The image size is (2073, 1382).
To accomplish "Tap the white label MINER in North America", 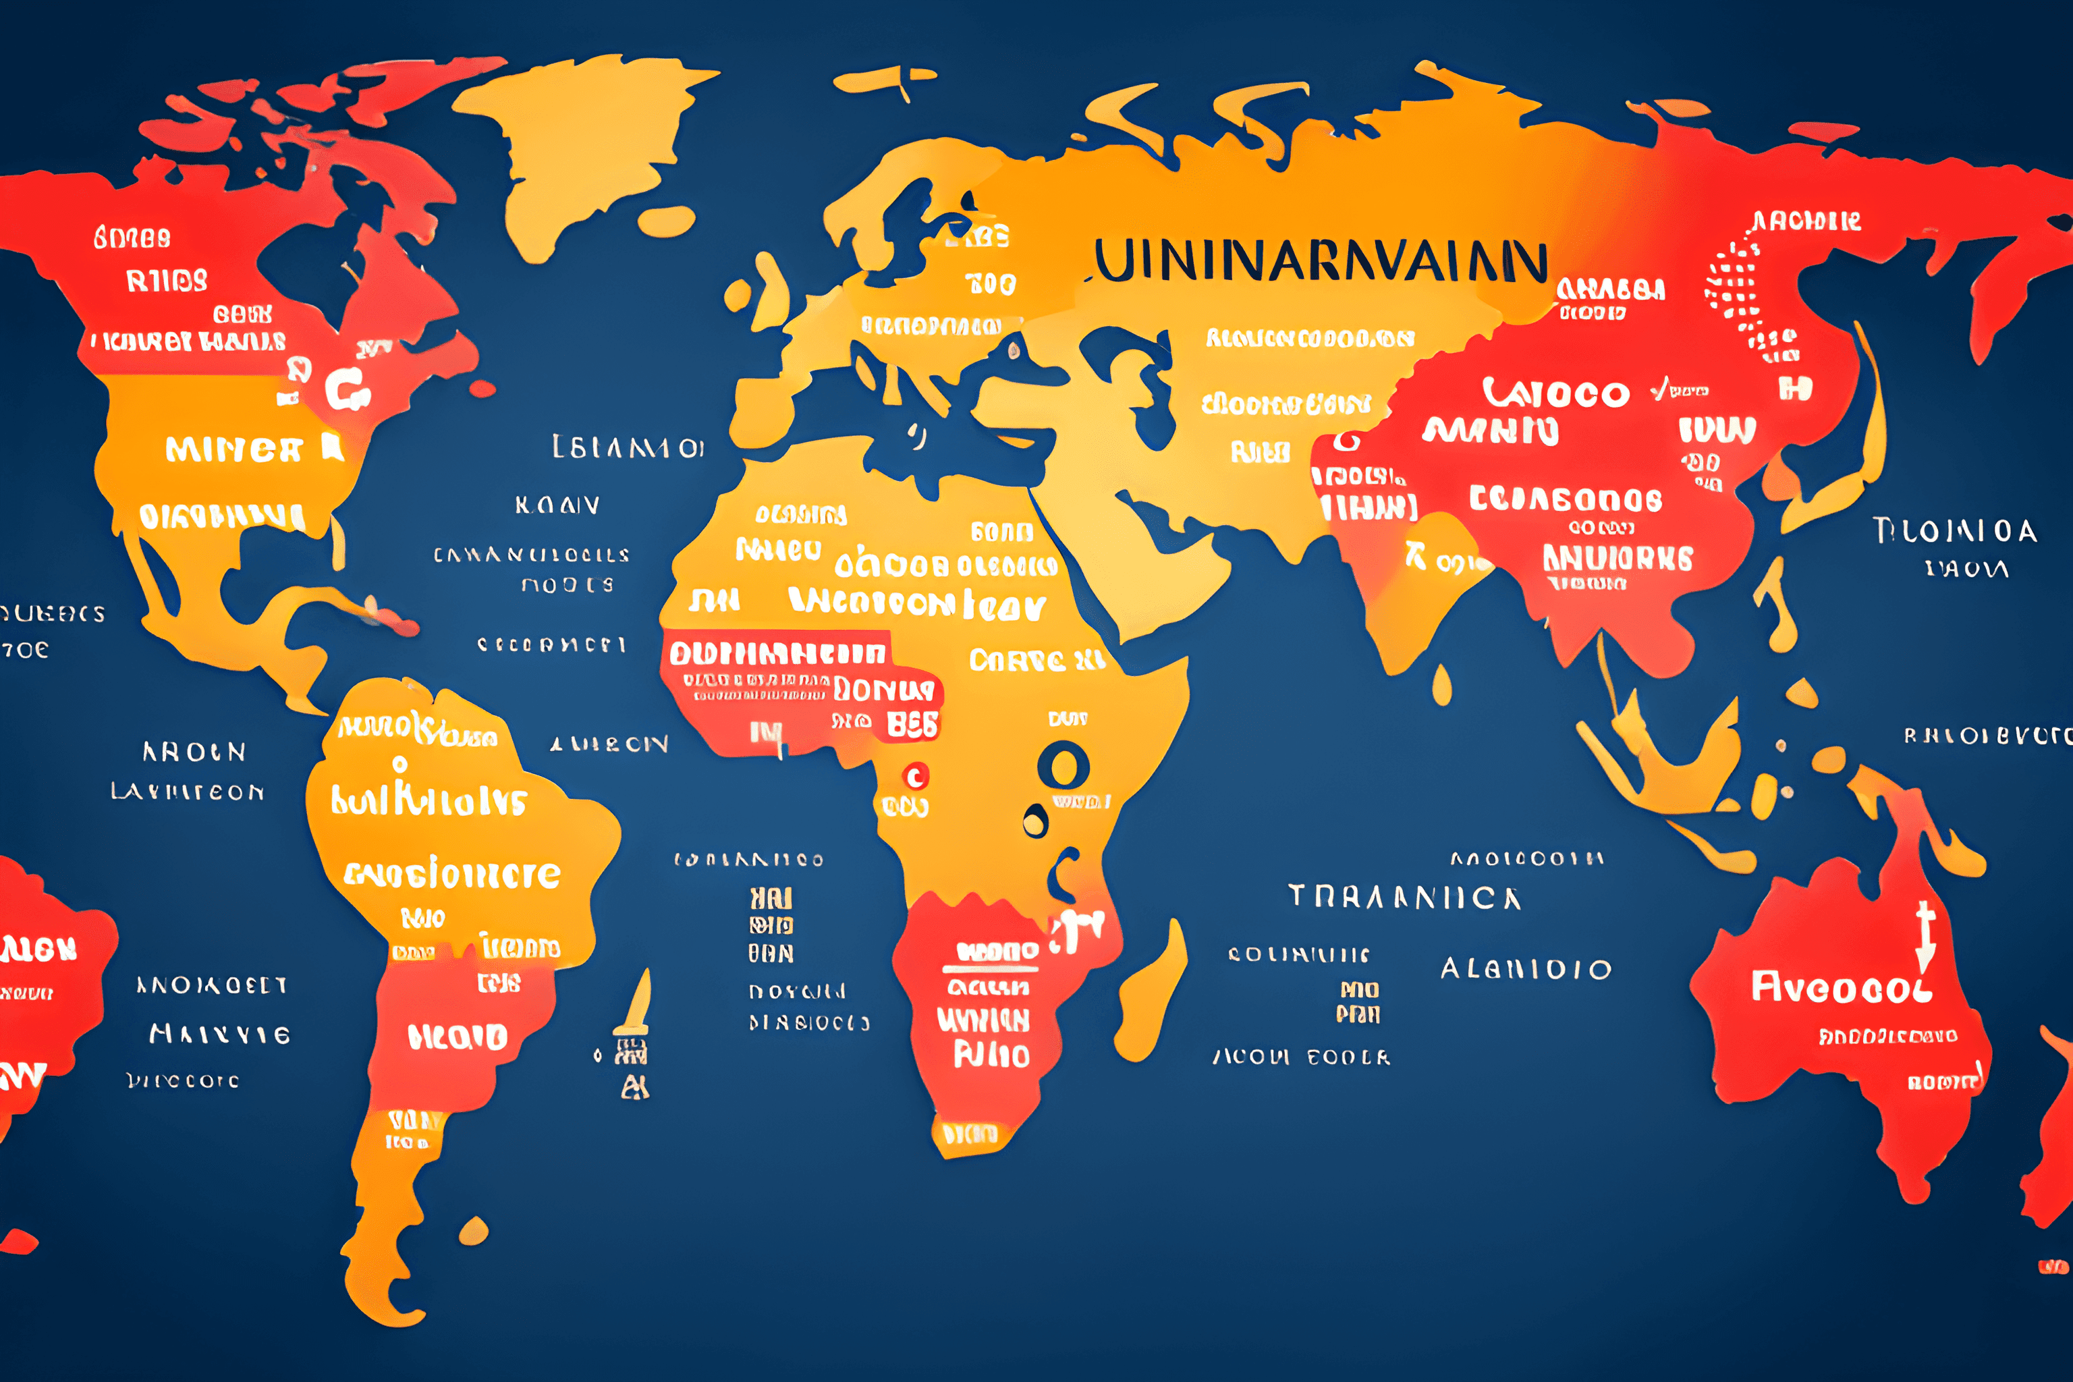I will point(233,450).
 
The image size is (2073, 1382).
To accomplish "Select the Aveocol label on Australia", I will point(1840,987).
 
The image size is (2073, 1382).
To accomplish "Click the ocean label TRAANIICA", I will point(1405,897).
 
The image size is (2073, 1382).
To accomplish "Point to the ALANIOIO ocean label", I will point(1526,970).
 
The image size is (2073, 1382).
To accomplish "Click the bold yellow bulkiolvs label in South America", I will point(429,800).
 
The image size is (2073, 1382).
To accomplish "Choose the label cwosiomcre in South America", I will point(452,875).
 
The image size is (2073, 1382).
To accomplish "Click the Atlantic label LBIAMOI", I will point(628,448).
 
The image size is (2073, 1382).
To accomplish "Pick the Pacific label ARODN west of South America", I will point(194,752).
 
